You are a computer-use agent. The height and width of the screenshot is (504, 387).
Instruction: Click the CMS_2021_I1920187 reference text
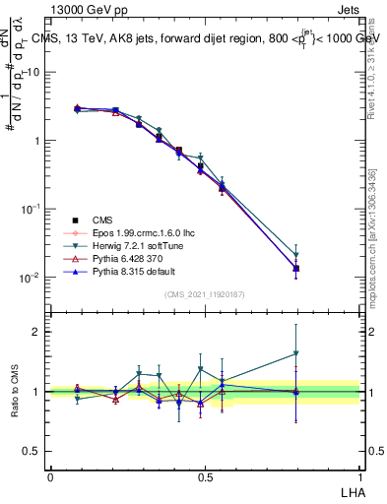[204, 293]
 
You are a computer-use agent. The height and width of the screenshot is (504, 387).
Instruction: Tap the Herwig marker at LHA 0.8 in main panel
[296, 255]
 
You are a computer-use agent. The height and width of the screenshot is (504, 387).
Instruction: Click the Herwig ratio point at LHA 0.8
[296, 353]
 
